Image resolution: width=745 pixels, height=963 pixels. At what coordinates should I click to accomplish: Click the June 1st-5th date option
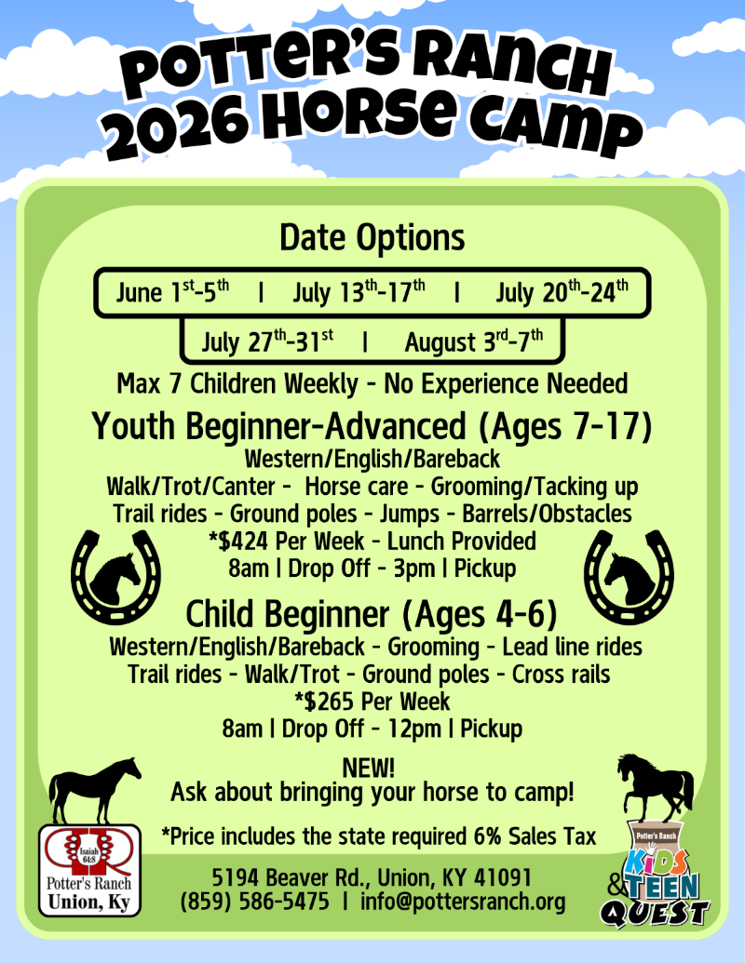pyautogui.click(x=172, y=292)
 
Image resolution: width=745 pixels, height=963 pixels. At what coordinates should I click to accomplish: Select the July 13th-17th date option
pyautogui.click(x=359, y=292)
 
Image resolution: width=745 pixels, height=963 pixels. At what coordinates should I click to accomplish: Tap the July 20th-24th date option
pyautogui.click(x=562, y=292)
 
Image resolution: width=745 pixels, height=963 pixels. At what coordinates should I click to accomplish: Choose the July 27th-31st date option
pyautogui.click(x=267, y=341)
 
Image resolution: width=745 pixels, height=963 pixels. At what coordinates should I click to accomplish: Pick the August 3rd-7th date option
pyautogui.click(x=473, y=341)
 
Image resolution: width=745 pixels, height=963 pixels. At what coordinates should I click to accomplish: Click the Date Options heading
pyautogui.click(x=372, y=237)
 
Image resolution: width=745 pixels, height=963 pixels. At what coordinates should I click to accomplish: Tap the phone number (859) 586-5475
pyautogui.click(x=254, y=902)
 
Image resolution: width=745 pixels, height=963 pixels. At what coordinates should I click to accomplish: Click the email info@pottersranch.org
pyautogui.click(x=463, y=902)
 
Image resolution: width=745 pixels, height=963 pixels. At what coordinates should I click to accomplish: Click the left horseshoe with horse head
pyautogui.click(x=115, y=577)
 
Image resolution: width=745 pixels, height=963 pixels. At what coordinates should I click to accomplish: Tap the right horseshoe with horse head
pyautogui.click(x=629, y=577)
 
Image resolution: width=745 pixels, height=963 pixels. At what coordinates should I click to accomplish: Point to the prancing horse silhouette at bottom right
pyautogui.click(x=656, y=788)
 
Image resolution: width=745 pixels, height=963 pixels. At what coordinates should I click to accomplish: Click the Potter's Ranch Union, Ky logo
pyautogui.click(x=89, y=870)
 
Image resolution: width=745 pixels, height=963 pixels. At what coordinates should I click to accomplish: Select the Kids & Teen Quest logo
pyautogui.click(x=656, y=874)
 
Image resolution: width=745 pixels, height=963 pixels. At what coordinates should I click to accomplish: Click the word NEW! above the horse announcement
pyautogui.click(x=368, y=768)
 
